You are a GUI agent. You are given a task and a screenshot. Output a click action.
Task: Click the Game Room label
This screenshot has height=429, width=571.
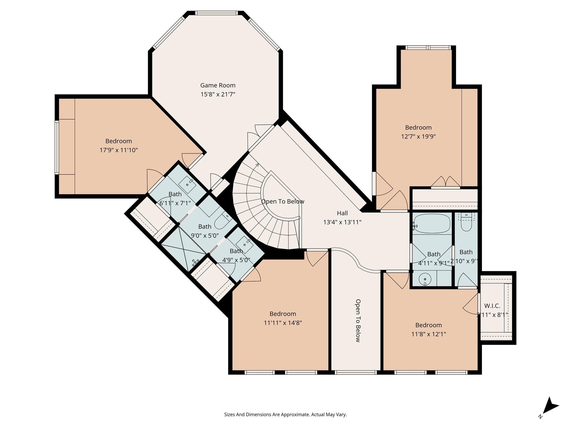tap(218, 85)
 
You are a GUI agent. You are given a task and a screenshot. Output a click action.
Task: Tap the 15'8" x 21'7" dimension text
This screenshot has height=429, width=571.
tap(218, 94)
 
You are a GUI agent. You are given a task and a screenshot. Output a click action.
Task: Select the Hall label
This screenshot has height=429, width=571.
tap(342, 213)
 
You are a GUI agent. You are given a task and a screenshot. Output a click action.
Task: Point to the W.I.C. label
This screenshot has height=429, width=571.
tap(492, 306)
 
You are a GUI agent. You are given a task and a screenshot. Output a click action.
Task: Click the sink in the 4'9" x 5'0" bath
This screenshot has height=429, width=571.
tap(245, 244)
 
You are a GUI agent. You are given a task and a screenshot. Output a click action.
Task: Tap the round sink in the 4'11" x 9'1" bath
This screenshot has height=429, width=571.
tap(425, 279)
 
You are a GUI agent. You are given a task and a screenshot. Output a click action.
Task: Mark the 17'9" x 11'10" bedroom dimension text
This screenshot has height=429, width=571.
tap(119, 150)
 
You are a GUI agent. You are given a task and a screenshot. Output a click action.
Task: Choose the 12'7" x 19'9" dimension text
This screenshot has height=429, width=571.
tap(418, 137)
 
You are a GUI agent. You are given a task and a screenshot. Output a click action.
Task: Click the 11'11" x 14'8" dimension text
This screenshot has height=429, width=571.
tap(283, 323)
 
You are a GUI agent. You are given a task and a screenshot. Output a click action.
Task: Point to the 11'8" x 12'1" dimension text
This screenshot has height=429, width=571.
tap(429, 334)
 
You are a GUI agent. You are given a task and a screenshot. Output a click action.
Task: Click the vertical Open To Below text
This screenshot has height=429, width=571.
tap(358, 321)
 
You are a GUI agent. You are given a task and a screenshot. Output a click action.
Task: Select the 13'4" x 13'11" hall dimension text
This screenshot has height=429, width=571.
tap(342, 222)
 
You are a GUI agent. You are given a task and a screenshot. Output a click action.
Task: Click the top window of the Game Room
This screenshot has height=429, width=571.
tap(217, 13)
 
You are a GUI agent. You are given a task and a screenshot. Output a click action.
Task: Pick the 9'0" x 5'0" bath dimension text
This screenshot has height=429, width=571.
tap(205, 235)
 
